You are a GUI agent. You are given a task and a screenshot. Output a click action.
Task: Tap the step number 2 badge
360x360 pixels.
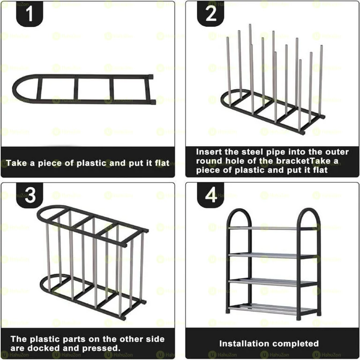click(210, 15)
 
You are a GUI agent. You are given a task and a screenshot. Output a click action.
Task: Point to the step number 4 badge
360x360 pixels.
click(210, 195)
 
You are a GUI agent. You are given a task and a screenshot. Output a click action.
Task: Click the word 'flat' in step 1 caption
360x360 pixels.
click(158, 164)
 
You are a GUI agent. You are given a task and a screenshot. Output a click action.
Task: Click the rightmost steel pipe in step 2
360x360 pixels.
click(321, 80)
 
